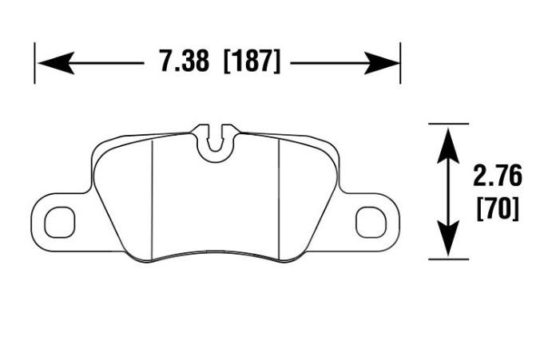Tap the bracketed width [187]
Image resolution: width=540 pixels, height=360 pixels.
(252, 61)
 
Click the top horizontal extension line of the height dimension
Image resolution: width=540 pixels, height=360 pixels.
(449, 124)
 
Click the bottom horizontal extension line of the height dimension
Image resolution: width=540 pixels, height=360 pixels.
(449, 259)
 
